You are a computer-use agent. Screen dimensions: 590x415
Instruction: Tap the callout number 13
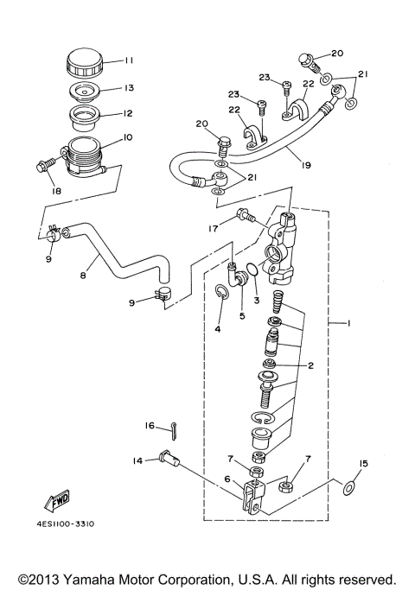point(129,88)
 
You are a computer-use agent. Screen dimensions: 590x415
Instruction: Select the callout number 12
point(129,113)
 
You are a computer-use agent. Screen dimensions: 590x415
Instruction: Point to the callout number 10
point(127,137)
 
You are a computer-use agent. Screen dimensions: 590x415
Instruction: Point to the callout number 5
point(242,317)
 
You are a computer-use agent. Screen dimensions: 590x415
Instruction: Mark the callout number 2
point(310,365)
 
